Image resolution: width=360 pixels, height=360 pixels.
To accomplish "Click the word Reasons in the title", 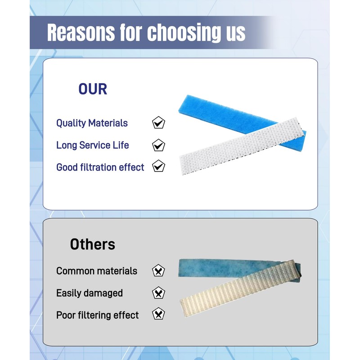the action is pos(81,32).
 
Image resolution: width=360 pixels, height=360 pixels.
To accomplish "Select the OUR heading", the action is pos(93,89).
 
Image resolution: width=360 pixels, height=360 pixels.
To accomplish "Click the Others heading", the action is pos(93,244).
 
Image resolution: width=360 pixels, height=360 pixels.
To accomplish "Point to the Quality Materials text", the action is pos(92,123).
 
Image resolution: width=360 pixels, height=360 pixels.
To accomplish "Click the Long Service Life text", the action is pos(93,145).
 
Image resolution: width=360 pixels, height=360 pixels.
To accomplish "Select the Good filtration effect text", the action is pos(100,167).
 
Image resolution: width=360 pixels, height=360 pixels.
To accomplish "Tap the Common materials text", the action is pos(97,271).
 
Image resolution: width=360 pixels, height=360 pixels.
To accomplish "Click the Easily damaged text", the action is pos(89,293).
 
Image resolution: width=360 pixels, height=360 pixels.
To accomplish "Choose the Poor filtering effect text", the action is pos(97,315).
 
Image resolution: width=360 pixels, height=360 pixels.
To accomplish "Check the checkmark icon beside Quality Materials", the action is pos(158,122).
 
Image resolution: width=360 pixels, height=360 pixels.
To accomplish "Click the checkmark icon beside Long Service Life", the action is pos(158,145).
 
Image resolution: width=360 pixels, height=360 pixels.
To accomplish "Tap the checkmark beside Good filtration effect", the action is pos(158,166).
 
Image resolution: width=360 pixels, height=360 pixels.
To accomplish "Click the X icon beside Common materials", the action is pos(158,270).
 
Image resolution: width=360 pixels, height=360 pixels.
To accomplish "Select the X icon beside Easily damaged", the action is pos(158,293).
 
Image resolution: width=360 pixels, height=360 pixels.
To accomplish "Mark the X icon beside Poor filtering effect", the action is pos(158,314).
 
